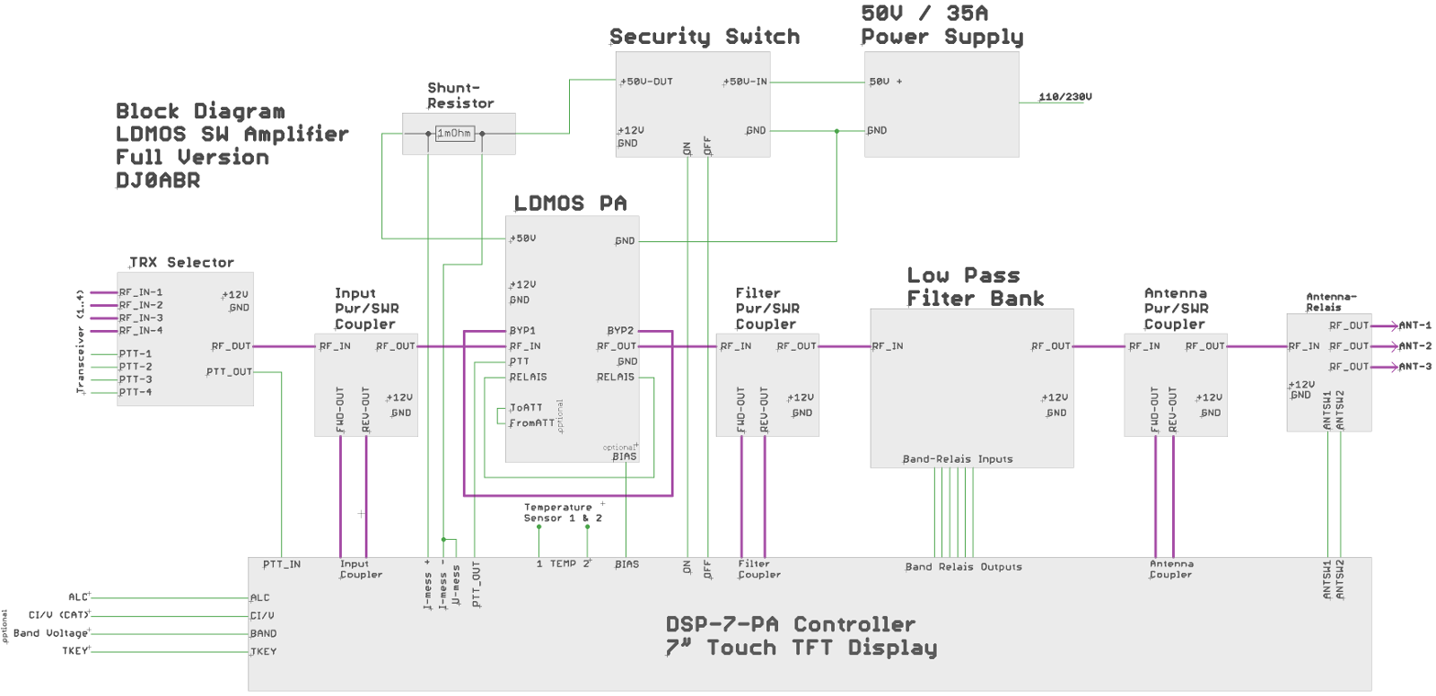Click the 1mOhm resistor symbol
454,134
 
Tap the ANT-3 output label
1414,366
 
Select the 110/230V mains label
1065,97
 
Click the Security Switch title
705,37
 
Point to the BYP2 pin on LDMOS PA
620,330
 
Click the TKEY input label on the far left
75,650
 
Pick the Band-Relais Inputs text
957,459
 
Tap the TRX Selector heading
182,262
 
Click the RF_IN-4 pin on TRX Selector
141,330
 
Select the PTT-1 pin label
136,353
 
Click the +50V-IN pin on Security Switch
747,82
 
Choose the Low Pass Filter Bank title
975,287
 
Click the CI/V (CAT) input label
58,614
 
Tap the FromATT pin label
531,422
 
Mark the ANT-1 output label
1414,325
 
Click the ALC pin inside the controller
259,597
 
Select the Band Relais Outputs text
963,567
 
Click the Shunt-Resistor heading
460,95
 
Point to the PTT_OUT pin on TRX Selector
229,371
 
